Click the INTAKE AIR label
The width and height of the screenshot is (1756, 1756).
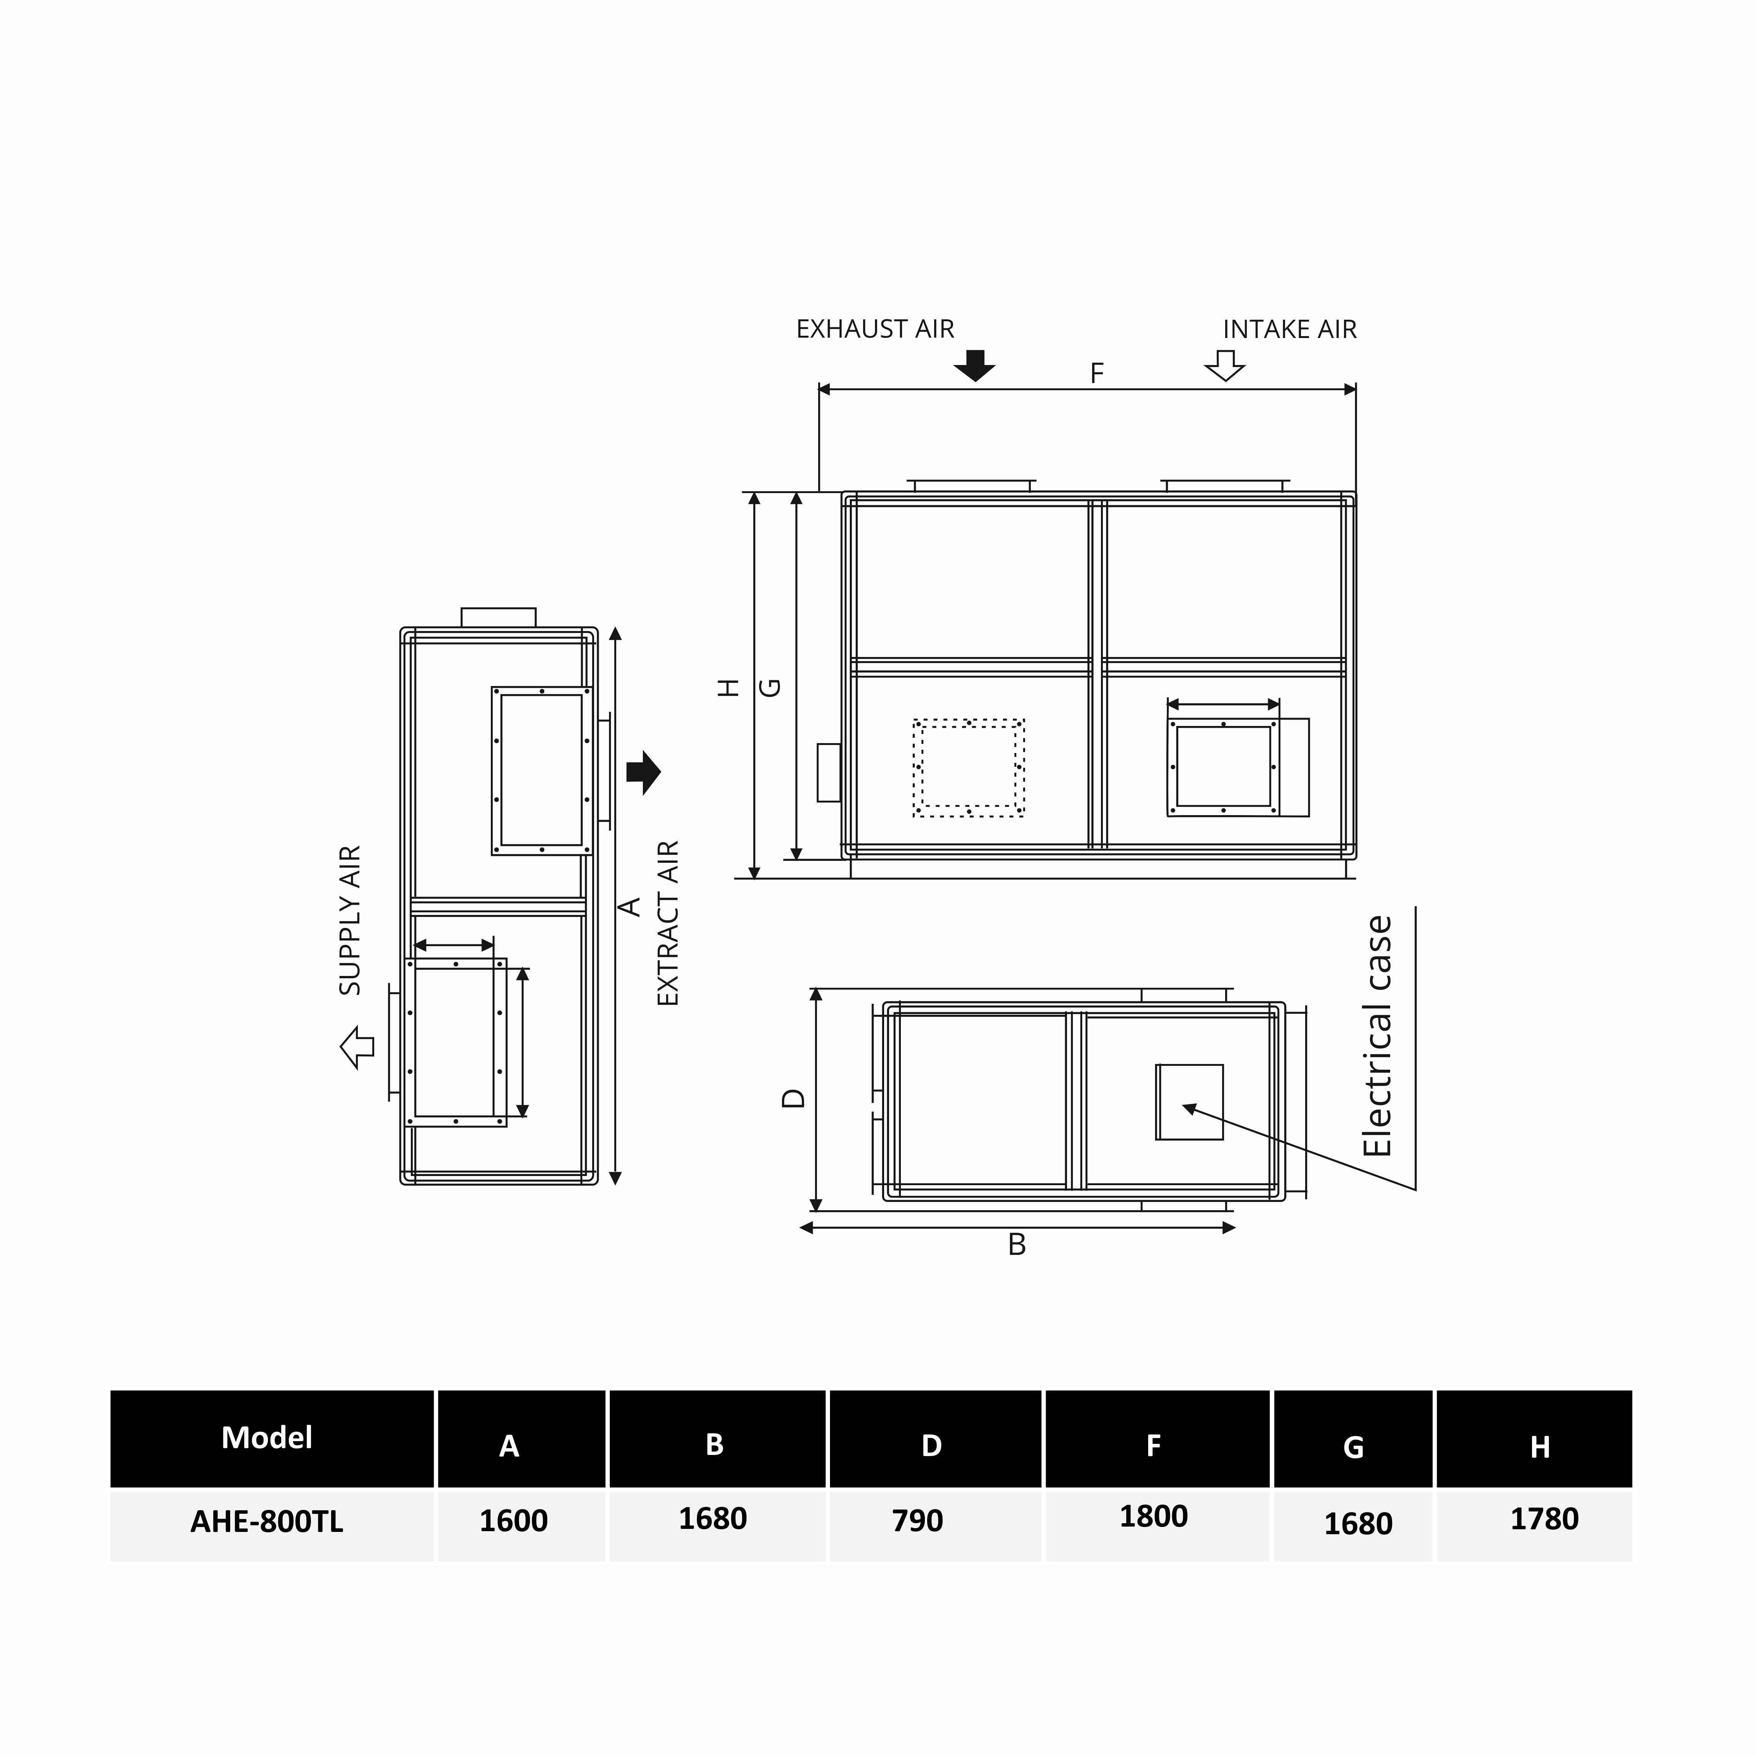tap(1289, 329)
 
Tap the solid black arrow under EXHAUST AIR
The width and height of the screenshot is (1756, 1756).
tap(974, 365)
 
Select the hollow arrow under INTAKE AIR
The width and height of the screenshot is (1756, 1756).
tap(1224, 365)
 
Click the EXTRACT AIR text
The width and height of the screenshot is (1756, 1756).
tap(668, 923)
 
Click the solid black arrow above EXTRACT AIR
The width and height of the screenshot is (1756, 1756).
tap(644, 772)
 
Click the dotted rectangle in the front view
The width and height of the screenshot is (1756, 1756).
tap(969, 768)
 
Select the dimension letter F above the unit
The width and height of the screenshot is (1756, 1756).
tap(1097, 373)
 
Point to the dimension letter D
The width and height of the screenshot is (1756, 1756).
tap(793, 1098)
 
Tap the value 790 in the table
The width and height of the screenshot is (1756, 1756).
tap(917, 1520)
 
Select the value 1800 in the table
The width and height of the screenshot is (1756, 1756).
tap(1154, 1516)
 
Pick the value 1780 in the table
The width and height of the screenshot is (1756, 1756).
tap(1544, 1519)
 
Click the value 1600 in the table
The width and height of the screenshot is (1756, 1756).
tap(514, 1520)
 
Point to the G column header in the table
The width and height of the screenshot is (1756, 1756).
tap(1353, 1447)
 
